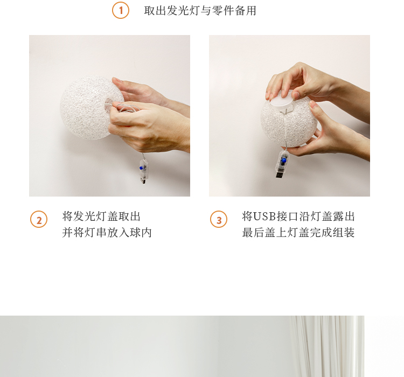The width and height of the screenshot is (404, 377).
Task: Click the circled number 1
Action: point(121,10)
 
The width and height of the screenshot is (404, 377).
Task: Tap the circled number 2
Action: point(39,220)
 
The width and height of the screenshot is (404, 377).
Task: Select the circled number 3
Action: point(219,220)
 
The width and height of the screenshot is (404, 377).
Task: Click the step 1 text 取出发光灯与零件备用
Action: point(200,11)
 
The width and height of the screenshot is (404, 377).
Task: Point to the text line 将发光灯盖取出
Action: point(101,216)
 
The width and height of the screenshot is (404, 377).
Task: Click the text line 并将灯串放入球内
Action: point(107,233)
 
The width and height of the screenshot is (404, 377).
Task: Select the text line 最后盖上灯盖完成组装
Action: point(298,233)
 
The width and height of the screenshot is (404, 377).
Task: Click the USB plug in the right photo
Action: point(282,164)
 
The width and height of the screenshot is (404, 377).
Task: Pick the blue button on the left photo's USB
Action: point(141,168)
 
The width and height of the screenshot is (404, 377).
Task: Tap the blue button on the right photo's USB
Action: point(284,160)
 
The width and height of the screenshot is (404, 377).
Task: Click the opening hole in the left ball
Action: point(109,103)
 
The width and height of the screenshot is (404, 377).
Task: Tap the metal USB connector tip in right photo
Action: point(279,175)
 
